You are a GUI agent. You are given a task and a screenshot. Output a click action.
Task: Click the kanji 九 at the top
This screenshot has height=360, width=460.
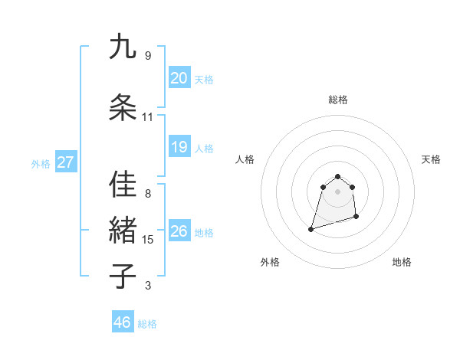pos(123,47)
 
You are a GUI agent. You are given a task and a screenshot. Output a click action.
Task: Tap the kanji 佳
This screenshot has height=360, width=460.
pos(123,185)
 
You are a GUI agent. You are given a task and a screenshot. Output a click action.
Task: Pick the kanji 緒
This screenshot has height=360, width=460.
pos(123,231)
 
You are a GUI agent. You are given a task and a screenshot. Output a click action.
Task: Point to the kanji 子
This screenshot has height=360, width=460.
pos(123,277)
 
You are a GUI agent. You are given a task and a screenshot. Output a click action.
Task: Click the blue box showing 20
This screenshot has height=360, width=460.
pos(179,78)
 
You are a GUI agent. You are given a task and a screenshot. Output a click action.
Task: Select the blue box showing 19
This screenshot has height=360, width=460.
pos(179,147)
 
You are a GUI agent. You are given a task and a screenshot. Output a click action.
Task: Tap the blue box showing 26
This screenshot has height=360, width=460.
pos(179,231)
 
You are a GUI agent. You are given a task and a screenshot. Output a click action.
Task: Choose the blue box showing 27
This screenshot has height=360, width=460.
pos(66,162)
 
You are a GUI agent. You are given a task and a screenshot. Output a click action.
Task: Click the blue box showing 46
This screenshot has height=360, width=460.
pos(123,322)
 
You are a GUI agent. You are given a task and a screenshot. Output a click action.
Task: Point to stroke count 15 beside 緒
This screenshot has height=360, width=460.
pos(148,240)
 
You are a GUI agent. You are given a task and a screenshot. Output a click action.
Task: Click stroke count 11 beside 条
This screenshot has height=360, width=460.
pos(148,117)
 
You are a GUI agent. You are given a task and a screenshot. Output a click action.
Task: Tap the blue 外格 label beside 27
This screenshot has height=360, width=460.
pos(41,163)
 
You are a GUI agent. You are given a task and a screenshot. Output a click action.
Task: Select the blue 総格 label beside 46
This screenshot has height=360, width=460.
pos(147,323)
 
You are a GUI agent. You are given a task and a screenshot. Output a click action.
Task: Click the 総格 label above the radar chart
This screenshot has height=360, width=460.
pos(338,100)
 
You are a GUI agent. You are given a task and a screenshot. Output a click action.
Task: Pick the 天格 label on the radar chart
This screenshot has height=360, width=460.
pos(432,159)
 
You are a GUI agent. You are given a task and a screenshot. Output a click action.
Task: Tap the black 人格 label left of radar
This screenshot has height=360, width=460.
pos(245,159)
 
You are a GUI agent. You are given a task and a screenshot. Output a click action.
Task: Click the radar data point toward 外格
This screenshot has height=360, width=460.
pos(311,229)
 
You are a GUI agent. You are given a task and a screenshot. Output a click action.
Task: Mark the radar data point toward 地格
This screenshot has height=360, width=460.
pos(357,218)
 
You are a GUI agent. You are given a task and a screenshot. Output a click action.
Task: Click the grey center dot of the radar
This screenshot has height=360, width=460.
pos(338,191)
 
